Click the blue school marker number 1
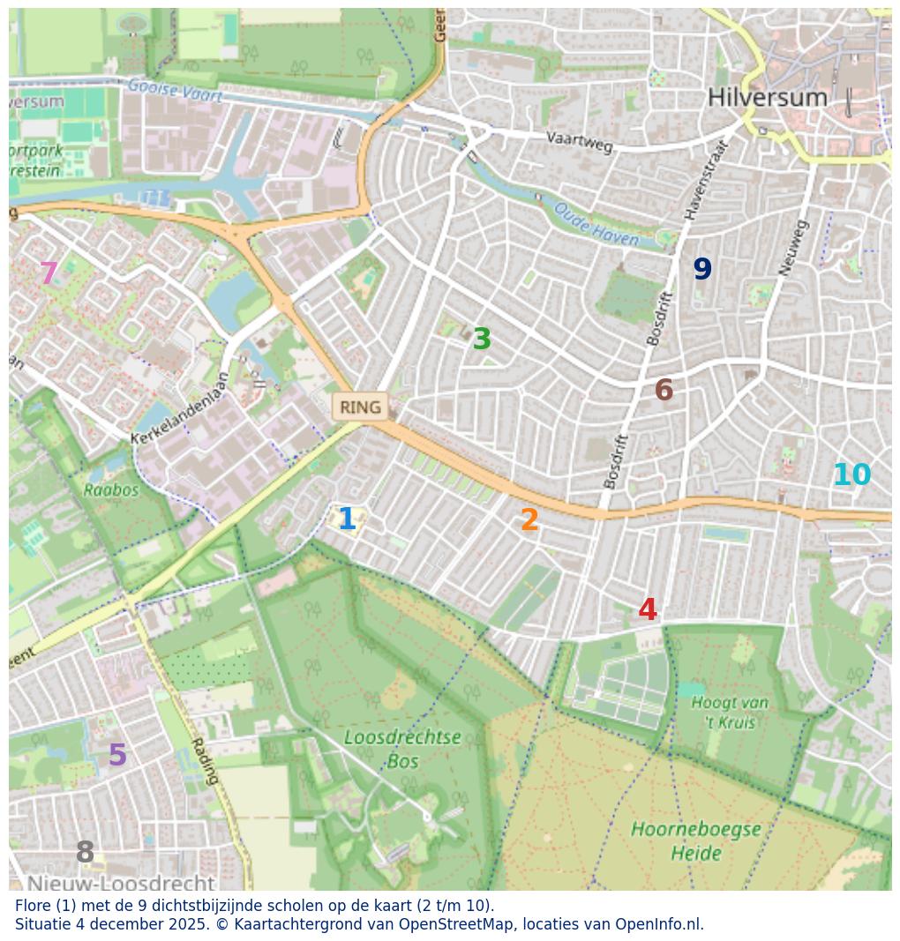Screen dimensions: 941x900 pyautogui.click(x=347, y=519)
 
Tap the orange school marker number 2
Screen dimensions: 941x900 pyautogui.click(x=529, y=520)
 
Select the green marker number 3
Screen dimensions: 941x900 pyautogui.click(x=482, y=340)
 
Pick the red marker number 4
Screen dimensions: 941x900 pyautogui.click(x=648, y=610)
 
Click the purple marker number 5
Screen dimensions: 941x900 pyautogui.click(x=117, y=756)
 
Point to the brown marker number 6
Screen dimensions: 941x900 pyautogui.click(x=664, y=391)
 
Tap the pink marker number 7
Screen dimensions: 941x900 pyautogui.click(x=49, y=274)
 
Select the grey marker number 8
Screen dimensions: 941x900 pyautogui.click(x=85, y=853)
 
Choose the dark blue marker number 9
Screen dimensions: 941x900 pyautogui.click(x=702, y=270)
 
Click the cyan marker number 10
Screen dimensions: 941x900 pyautogui.click(x=851, y=475)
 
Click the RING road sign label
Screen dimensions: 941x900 pyautogui.click(x=360, y=407)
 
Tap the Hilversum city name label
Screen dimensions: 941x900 pyautogui.click(x=768, y=98)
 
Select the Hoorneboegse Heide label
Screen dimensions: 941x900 pyautogui.click(x=696, y=841)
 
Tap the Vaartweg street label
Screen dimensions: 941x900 pyautogui.click(x=579, y=141)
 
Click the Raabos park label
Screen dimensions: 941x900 pyautogui.click(x=111, y=490)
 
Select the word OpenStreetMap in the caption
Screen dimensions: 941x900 pyautogui.click(x=458, y=924)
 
